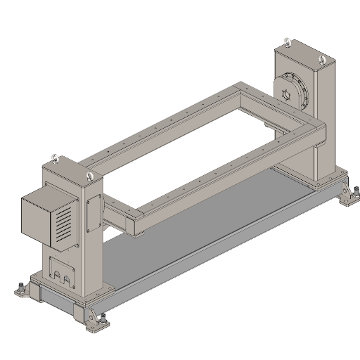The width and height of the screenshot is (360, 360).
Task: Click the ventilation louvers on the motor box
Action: (x=63, y=224)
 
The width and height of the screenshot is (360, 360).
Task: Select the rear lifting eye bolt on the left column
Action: (x=53, y=157)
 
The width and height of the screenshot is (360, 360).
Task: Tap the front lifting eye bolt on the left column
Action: (x=88, y=176)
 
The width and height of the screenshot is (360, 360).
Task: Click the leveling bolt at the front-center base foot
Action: (x=101, y=319)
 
